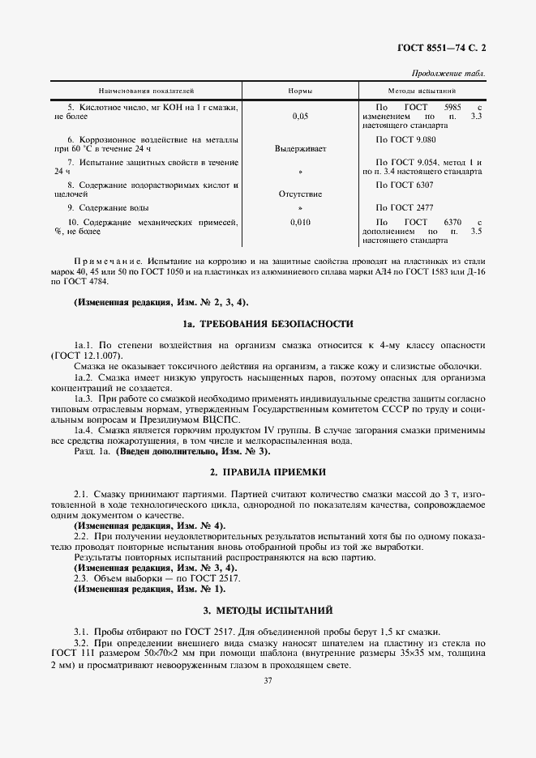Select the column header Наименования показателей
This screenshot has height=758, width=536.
147,92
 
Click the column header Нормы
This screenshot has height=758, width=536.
299,92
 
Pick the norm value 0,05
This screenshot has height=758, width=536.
299,117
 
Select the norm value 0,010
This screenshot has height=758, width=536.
299,222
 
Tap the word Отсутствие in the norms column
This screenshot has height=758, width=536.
299,194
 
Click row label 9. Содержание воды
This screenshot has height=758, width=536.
104,208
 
